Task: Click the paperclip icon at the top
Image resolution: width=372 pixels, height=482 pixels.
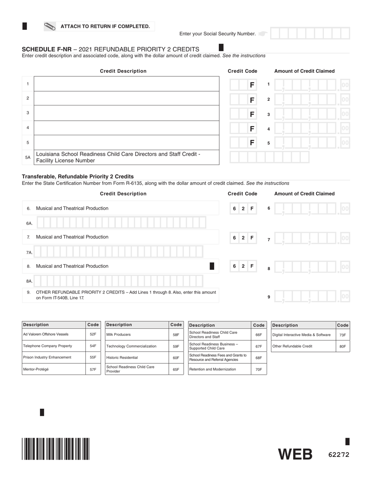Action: (x=50, y=26)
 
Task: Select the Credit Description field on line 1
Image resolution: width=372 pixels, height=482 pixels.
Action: (x=126, y=84)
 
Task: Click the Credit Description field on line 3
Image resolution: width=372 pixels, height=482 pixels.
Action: (x=126, y=113)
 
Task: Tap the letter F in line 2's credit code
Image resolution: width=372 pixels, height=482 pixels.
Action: (x=252, y=100)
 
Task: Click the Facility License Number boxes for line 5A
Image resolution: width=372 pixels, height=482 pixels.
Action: (x=269, y=157)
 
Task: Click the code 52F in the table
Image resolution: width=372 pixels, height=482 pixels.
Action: (x=93, y=334)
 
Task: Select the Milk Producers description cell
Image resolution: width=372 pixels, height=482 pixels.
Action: (x=137, y=334)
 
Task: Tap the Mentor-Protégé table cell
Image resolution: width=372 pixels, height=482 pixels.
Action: (x=53, y=369)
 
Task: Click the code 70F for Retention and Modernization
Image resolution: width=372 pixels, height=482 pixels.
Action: (x=258, y=369)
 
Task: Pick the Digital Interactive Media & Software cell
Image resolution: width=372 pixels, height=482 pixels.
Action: (x=303, y=335)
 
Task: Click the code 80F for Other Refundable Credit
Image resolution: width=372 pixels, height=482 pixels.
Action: (x=342, y=346)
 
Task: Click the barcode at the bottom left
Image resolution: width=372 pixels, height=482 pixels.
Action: (x=56, y=448)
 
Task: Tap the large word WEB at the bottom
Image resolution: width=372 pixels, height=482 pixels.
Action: (x=295, y=455)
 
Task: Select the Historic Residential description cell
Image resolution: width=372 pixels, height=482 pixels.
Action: (x=137, y=357)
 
